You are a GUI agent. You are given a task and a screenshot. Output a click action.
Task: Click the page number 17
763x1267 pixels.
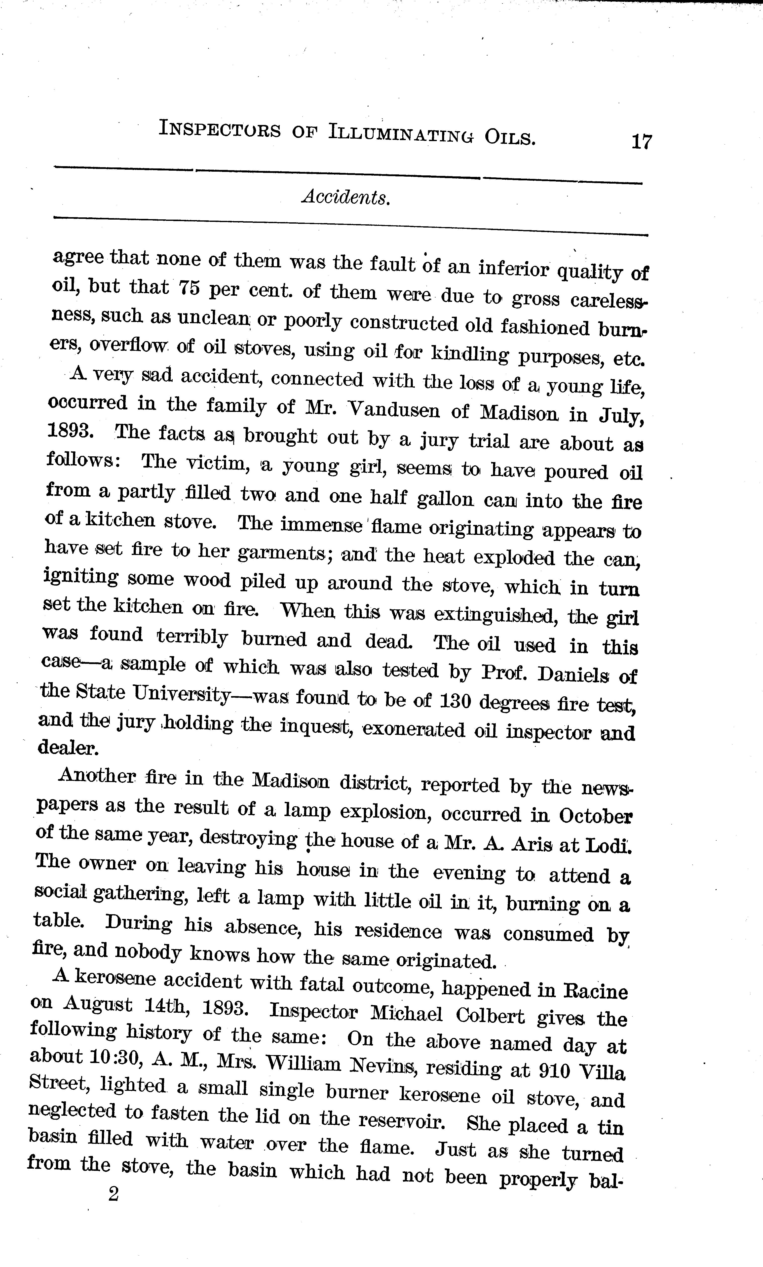pyautogui.click(x=642, y=141)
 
